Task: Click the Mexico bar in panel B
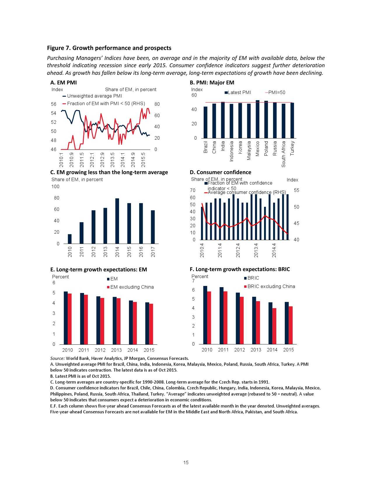257,119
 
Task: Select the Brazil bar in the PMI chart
205,122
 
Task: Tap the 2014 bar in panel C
117,221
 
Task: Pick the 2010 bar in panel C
70,239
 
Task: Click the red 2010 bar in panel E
70,319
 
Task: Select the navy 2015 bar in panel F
287,323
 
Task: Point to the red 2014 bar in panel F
274,326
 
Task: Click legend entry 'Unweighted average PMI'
95,96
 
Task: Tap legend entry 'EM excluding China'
132,287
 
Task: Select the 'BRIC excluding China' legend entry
271,287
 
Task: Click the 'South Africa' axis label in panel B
283,154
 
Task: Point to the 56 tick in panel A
54,104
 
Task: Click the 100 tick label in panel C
55,187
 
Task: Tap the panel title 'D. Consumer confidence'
221,172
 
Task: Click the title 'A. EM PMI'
64,83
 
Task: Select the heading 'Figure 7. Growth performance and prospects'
109,48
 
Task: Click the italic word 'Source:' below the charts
57,358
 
